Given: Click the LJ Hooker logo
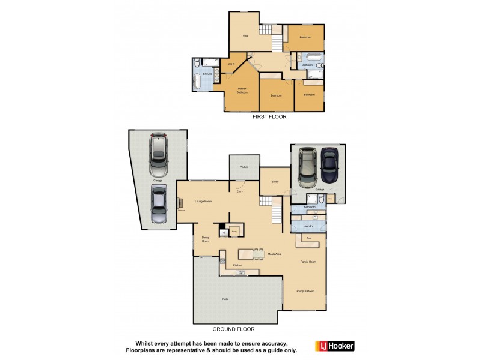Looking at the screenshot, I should tap(335, 346).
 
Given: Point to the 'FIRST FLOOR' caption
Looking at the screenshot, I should tap(269, 117).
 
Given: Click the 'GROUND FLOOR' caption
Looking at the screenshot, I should tap(234, 329).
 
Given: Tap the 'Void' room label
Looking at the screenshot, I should tap(245, 36).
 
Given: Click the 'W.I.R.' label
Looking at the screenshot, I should tap(231, 64).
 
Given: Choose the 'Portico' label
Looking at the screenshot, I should tap(244, 167).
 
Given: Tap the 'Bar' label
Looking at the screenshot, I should tap(310, 238).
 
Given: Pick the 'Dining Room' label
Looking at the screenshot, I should tap(205, 239).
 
